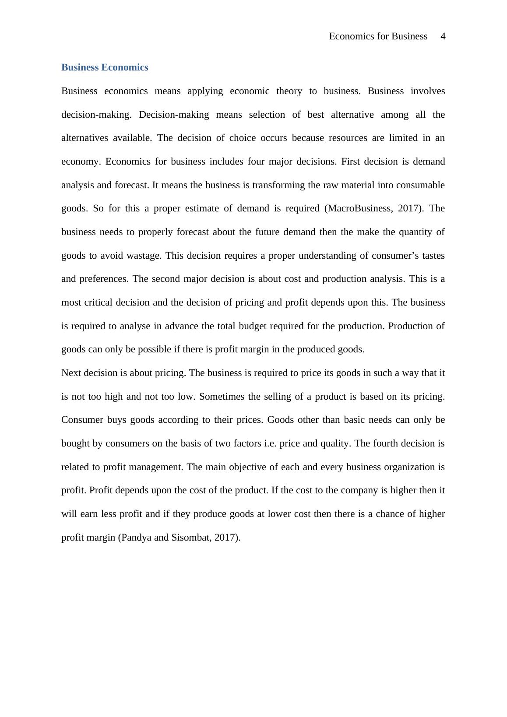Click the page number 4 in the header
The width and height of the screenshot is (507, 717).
[443, 36]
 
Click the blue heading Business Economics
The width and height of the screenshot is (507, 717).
[105, 67]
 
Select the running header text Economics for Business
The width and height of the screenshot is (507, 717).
[378, 36]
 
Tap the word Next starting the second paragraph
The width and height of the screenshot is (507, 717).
[71, 373]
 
